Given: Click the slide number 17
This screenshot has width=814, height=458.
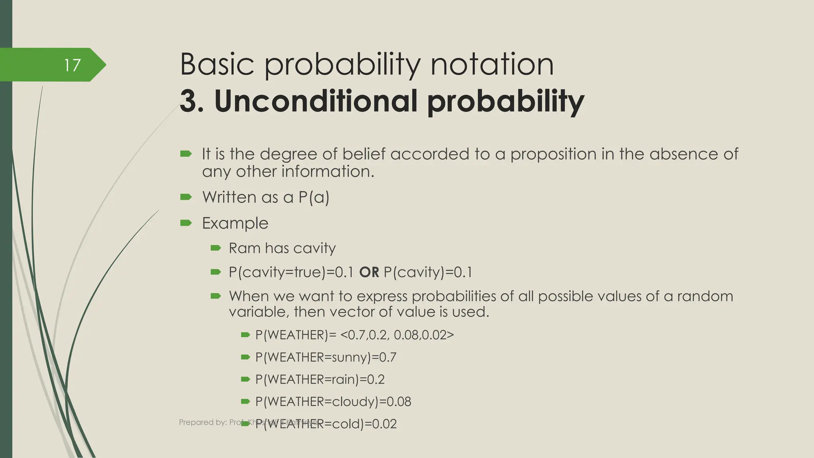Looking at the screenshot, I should [x=72, y=65].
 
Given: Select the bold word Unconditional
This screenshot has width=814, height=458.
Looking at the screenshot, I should [x=316, y=101].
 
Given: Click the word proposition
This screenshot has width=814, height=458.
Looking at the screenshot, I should [x=553, y=154].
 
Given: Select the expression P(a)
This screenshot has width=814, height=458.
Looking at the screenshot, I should [x=314, y=197].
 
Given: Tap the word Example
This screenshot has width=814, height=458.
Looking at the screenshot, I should [x=235, y=223].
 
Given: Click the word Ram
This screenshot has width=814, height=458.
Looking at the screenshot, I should [x=244, y=248].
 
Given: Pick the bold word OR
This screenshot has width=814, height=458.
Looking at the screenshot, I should [x=369, y=272].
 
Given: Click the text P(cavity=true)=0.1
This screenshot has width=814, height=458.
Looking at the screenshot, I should [x=291, y=272].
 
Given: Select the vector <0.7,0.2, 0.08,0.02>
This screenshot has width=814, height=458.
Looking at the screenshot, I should [x=397, y=335].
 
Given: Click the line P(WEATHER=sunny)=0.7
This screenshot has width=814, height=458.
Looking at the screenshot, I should [x=326, y=357].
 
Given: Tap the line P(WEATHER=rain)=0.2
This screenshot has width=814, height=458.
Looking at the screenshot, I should [x=320, y=379].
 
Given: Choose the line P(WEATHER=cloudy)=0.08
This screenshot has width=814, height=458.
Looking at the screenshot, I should [x=333, y=402].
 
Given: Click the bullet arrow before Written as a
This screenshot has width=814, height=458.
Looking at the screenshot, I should [x=186, y=197].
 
